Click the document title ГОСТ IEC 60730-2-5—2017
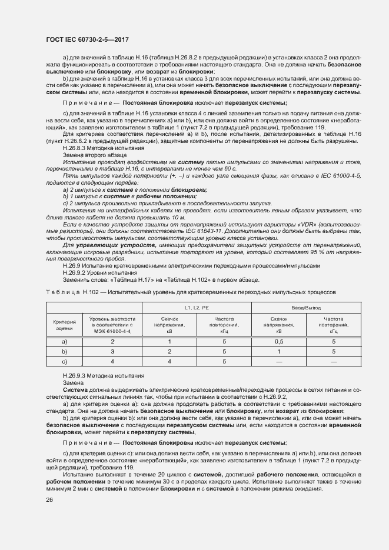click(x=87, y=39)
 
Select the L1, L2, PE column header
click(x=197, y=308)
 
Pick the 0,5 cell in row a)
click(x=279, y=341)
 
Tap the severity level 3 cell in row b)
click(x=112, y=351)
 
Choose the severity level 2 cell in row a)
click(x=112, y=341)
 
